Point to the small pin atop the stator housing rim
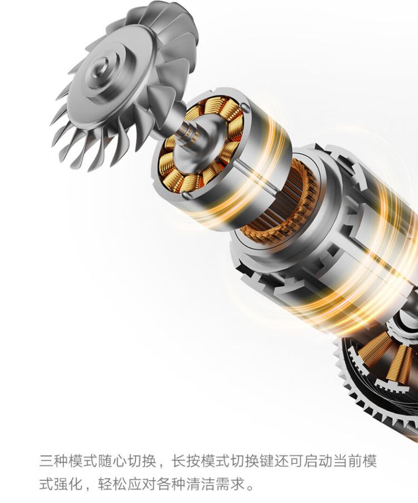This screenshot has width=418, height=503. click(245, 107)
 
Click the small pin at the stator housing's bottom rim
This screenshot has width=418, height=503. click(185, 195)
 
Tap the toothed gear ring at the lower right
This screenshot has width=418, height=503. click(375, 385)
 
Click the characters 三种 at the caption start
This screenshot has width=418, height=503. click(54, 461)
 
